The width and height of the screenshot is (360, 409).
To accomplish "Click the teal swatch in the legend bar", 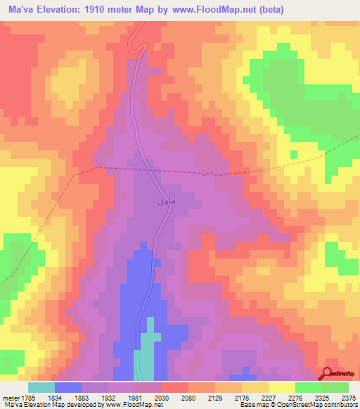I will click(x=41, y=387).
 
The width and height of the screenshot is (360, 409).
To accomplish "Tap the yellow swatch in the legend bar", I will click(x=282, y=387).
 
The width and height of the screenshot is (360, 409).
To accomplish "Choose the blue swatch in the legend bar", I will click(x=68, y=387).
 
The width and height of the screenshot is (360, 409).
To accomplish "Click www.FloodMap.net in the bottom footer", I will click(x=129, y=405).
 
